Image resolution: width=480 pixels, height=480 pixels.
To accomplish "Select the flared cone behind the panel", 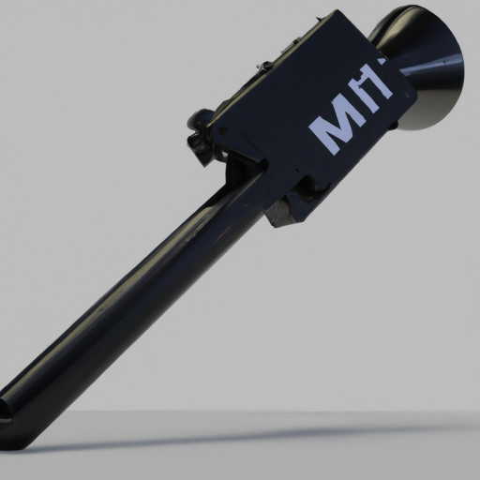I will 427,70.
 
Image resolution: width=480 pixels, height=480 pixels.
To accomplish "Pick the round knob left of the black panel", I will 200,119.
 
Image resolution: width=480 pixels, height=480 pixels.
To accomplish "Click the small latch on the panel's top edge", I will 265,67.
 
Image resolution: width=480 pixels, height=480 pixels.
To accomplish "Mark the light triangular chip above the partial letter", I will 379,62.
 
